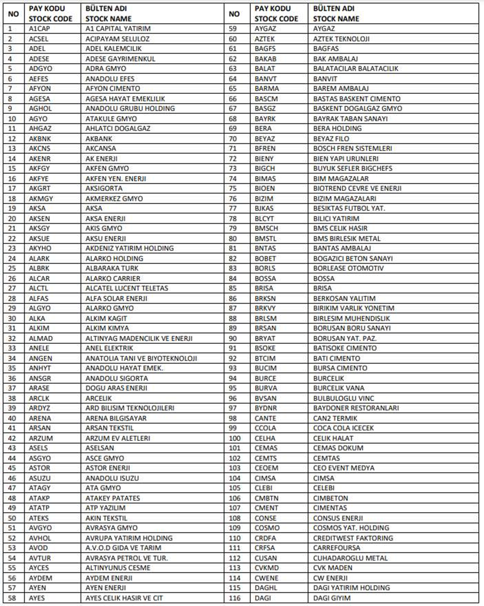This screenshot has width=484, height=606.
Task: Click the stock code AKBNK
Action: [x=40, y=138]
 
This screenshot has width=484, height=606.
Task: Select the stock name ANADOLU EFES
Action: [x=110, y=78]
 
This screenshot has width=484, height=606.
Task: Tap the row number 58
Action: [x=12, y=598]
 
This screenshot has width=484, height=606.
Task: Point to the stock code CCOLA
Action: [x=265, y=428]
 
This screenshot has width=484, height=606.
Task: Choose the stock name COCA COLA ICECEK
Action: [x=343, y=428]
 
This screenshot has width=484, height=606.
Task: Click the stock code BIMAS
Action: [x=265, y=178]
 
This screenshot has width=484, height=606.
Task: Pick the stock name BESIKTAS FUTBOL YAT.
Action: [x=349, y=208]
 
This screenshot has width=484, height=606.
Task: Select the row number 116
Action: [x=235, y=598]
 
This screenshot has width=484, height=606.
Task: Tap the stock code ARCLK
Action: [x=39, y=398]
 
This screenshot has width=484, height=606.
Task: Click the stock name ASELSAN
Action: [x=100, y=448]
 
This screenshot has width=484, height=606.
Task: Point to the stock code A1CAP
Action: [x=39, y=29]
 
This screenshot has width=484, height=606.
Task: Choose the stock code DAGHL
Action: [x=266, y=587]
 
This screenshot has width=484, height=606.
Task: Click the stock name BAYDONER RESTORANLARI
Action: [x=356, y=408]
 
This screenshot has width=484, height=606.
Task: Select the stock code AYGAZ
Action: [x=265, y=29]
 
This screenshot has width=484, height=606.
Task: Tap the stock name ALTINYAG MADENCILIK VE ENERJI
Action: [x=139, y=338]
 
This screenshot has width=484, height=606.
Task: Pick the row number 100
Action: [x=235, y=438]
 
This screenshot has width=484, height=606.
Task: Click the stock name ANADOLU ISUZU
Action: [x=112, y=478]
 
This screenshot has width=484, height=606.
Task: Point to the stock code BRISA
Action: [x=264, y=288]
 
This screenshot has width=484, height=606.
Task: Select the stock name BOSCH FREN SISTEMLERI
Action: [x=352, y=149]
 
